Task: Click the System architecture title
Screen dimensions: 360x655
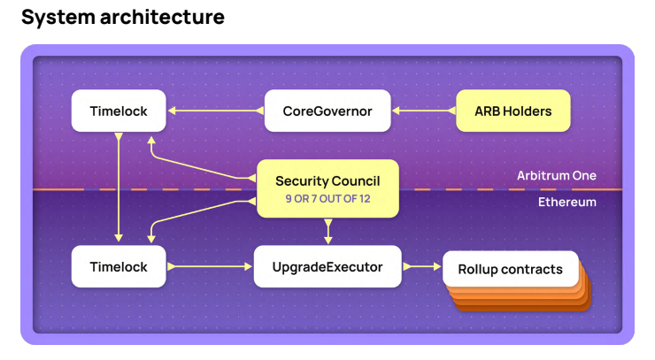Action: [122, 17]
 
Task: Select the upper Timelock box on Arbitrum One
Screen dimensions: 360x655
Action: [119, 111]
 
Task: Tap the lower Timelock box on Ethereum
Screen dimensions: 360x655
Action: [119, 265]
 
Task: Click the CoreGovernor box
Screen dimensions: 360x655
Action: [327, 111]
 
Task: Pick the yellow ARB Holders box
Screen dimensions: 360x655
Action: [512, 111]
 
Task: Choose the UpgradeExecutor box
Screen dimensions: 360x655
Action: [327, 265]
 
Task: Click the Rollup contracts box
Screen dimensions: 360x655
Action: [510, 269]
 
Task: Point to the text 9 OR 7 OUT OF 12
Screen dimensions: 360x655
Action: [327, 199]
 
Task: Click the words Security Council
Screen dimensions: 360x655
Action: [327, 181]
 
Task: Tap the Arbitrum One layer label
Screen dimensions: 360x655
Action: [556, 176]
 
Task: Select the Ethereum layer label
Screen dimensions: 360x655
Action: [566, 203]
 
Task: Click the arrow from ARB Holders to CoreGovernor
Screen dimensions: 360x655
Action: [423, 111]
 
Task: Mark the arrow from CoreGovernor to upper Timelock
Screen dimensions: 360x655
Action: [215, 111]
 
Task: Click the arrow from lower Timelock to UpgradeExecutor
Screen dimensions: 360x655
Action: [210, 265]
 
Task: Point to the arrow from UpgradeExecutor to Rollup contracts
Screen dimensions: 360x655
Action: [421, 265]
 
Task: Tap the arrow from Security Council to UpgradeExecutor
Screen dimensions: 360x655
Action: [328, 232]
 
